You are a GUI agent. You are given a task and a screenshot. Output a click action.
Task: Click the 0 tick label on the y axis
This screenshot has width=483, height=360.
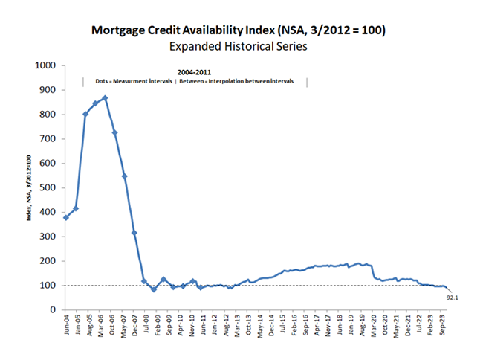coord(54,309)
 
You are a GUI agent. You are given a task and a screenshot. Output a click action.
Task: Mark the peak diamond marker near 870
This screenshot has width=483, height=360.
coord(105,97)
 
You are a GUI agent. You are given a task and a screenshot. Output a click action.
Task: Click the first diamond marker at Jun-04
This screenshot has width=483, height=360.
coord(66,217)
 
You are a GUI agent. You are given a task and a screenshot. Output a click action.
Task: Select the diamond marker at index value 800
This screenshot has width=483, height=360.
coord(85,115)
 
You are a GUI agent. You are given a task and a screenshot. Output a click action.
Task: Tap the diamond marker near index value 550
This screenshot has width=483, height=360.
coord(124,176)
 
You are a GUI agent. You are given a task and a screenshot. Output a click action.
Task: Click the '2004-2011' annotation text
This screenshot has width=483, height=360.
coord(195,71)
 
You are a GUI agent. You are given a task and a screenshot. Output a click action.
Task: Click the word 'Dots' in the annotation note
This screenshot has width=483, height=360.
coord(103,80)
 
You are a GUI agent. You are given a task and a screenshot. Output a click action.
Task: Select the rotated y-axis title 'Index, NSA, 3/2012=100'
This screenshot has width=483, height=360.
coord(30,187)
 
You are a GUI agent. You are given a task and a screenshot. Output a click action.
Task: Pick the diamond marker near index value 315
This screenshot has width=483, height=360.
coord(134,233)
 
